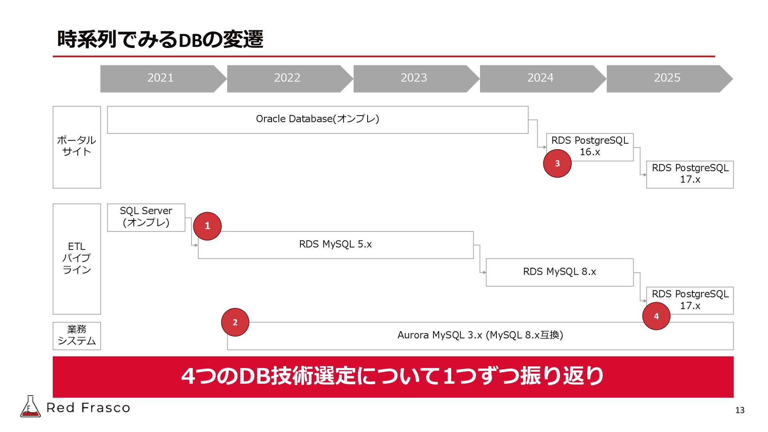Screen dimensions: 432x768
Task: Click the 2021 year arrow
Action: [x=160, y=78]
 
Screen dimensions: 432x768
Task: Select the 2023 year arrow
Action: [x=414, y=78]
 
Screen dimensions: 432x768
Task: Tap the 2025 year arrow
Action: [x=667, y=78]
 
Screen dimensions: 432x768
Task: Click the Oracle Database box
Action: [x=318, y=119]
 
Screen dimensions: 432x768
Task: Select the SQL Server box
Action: [x=146, y=217]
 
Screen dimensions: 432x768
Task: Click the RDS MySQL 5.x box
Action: [x=336, y=244]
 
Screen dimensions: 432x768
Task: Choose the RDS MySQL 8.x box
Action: [x=559, y=272]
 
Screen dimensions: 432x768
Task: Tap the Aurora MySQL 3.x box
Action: [x=480, y=336]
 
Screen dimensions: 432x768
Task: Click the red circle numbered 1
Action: [x=207, y=226]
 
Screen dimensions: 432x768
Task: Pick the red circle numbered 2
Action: [x=235, y=322]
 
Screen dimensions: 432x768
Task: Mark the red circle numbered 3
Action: [x=557, y=163]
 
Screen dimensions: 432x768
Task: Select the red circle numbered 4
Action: [x=656, y=316]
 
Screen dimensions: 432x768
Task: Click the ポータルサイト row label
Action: [x=76, y=147]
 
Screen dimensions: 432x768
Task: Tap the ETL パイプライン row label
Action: [x=76, y=258]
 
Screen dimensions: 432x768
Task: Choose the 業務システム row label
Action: [x=76, y=336]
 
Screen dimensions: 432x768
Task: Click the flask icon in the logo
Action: [x=30, y=407]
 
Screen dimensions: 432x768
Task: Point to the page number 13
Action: [x=740, y=410]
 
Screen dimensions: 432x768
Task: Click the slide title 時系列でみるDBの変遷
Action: [x=160, y=40]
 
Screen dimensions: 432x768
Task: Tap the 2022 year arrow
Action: [x=287, y=78]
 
